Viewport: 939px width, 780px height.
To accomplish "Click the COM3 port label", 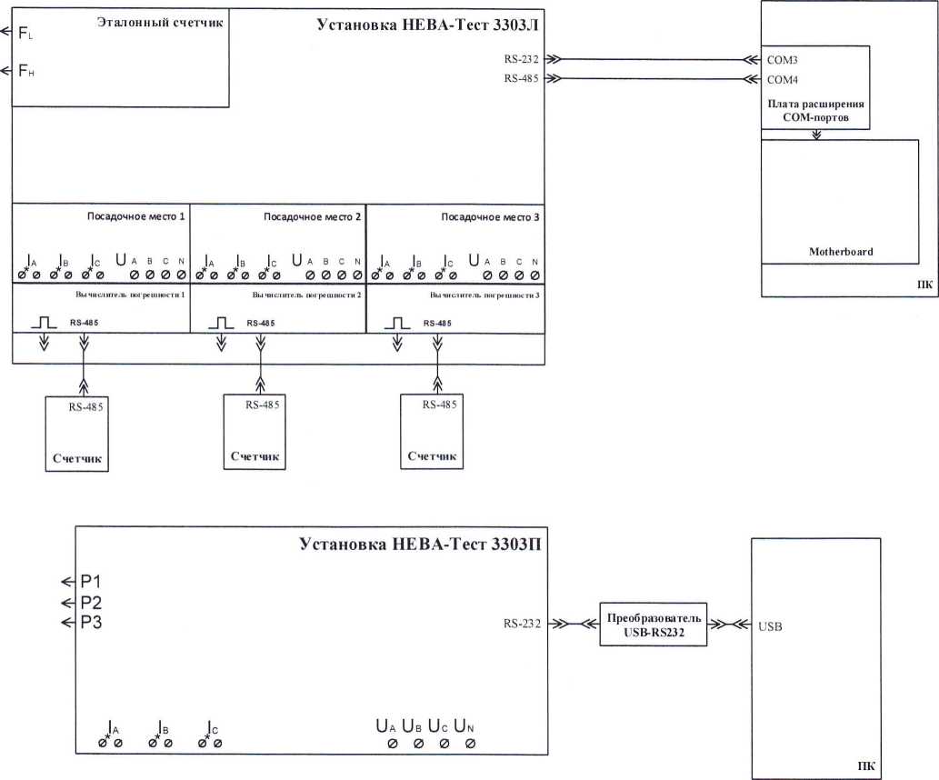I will click(784, 59).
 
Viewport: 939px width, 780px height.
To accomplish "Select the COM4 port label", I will click(784, 79).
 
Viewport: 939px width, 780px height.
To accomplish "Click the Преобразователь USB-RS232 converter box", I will click(654, 624).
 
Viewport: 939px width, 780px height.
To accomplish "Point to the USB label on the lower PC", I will click(770, 626).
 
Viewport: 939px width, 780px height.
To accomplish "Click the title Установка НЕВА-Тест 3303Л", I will click(427, 25).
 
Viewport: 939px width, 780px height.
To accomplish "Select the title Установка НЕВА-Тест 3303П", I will click(422, 545).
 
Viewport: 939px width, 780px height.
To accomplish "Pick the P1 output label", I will click(91, 582).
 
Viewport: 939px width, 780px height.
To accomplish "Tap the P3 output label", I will click(91, 623).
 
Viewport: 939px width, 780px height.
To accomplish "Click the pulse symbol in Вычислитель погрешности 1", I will click(45, 323).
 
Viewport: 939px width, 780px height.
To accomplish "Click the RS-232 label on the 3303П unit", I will click(522, 624).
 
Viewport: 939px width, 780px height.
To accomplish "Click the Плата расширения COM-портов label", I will click(814, 110).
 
